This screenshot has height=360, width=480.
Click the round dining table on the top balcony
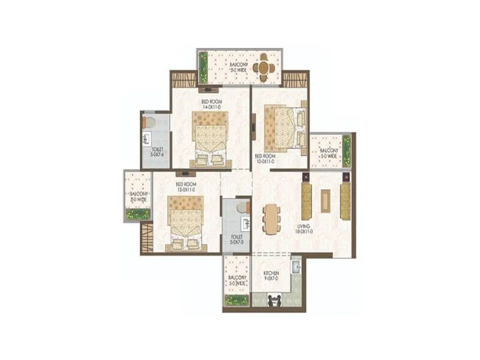264,67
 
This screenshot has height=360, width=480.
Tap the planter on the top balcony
203,67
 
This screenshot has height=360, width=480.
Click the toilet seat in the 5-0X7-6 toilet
149,122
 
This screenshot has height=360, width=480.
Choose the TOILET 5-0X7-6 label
157,151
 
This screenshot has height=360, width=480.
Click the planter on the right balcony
346,150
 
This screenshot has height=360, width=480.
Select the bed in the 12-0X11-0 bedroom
185,221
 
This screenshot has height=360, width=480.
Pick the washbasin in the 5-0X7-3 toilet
245,224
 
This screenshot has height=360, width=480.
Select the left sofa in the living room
307,201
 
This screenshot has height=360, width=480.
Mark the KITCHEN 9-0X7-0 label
272,275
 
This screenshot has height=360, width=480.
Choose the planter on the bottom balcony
236,300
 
